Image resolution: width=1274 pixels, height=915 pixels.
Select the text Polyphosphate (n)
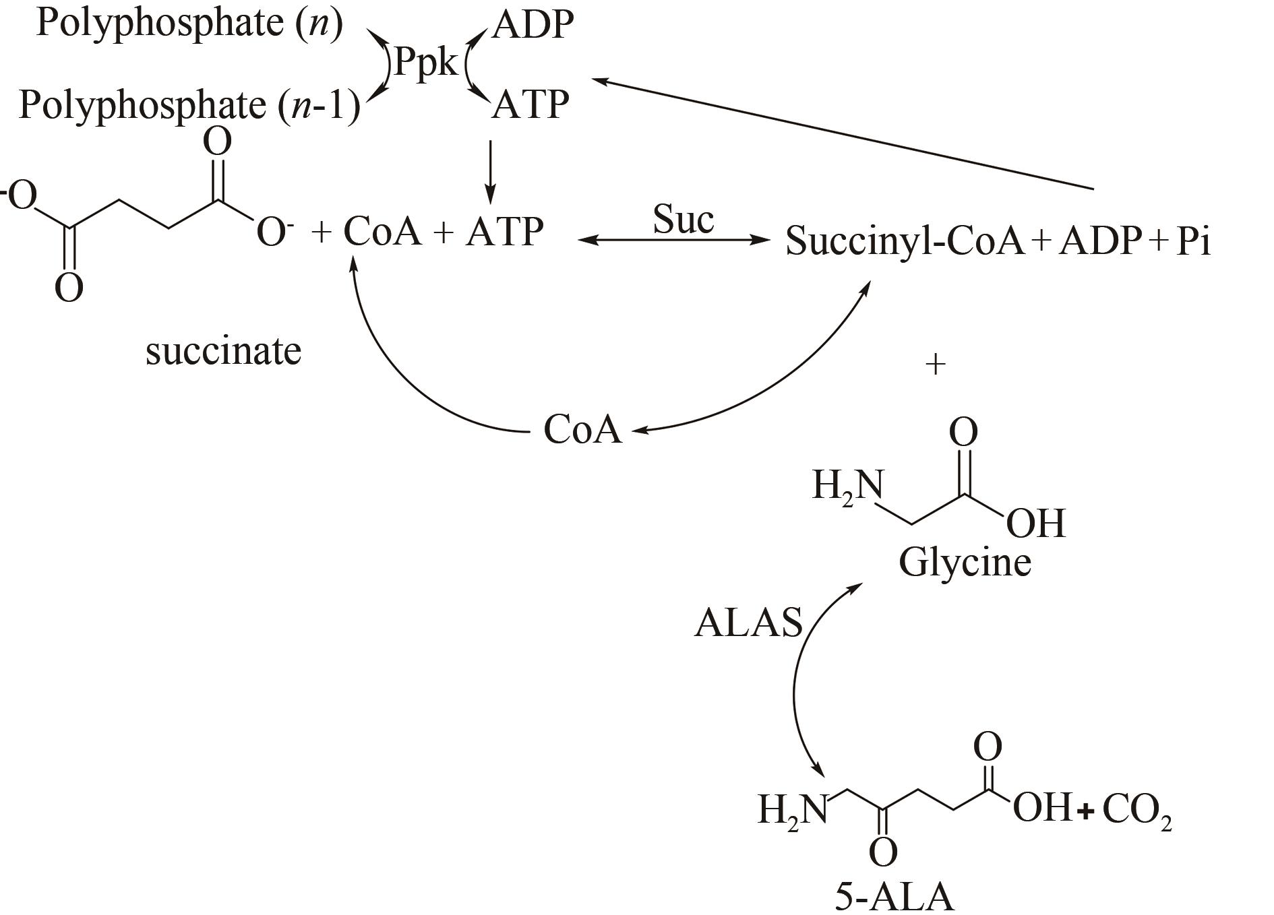click(189, 24)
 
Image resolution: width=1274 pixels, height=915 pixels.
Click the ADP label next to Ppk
click(533, 26)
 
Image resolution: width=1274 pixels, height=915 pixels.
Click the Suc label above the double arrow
click(683, 220)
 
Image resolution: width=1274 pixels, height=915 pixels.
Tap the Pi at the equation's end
click(1193, 241)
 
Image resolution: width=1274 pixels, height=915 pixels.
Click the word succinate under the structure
click(223, 352)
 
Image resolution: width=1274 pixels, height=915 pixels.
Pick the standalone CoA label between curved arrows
click(582, 430)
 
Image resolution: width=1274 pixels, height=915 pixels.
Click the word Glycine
click(965, 562)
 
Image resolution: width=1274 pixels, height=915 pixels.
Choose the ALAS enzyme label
click(748, 623)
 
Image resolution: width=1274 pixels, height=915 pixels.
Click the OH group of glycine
click(1036, 524)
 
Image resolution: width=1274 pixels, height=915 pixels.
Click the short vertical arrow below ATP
click(490, 171)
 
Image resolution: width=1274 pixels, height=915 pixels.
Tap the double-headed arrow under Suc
click(674, 240)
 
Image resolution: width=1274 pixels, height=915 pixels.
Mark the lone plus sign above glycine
click(936, 365)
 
